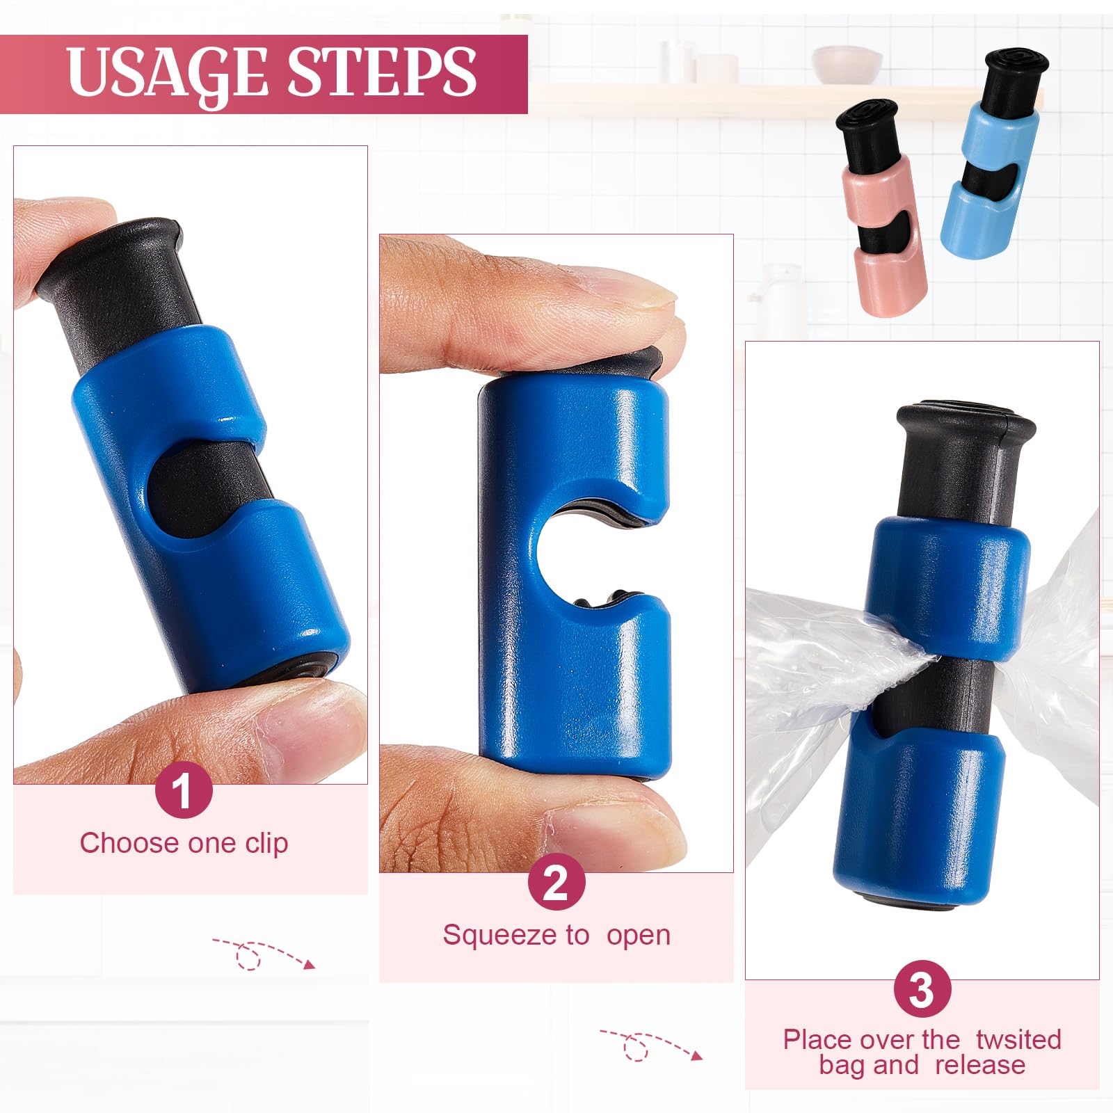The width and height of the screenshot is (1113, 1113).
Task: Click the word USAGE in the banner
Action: [167, 72]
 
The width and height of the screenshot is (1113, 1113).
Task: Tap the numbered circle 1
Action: [183, 791]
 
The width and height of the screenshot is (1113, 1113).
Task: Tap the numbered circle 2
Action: [556, 883]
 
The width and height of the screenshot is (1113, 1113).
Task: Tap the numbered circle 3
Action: [922, 989]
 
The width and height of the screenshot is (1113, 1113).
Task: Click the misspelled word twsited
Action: [1018, 1039]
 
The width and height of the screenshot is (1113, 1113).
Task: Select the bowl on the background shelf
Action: [837, 64]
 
